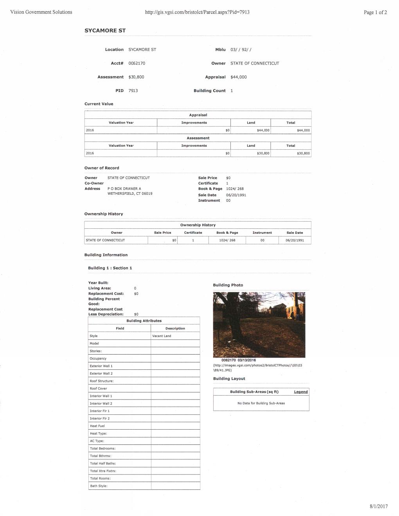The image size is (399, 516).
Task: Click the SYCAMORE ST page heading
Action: click(105, 30)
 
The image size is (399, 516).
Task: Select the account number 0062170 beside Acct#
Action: click(137, 63)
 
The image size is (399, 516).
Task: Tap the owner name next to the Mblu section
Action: click(255, 63)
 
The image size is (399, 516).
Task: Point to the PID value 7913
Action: click(133, 91)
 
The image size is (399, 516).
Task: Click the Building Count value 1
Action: click(232, 91)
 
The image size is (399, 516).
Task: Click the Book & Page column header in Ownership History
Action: click(227, 233)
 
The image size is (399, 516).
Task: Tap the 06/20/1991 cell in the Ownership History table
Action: click(295, 240)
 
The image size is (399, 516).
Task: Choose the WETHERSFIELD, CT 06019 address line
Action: click(130, 194)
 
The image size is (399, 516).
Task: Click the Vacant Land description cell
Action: click(162, 336)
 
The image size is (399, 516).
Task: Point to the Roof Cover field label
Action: click(98, 389)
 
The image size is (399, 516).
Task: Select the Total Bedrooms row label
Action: click(102, 448)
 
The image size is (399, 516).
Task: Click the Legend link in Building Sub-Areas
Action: click(300, 392)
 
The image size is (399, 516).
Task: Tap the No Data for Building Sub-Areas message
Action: click(261, 403)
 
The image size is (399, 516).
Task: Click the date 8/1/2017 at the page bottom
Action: click(378, 506)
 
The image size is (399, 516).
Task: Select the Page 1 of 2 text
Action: click(375, 12)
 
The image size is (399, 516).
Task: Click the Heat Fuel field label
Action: click(97, 426)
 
